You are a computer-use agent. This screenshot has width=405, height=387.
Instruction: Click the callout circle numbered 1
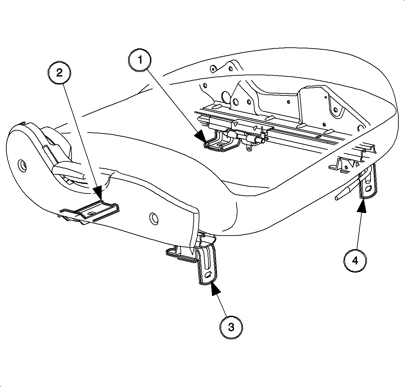(140, 60)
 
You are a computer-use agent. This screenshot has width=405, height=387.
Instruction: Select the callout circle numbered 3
(231, 327)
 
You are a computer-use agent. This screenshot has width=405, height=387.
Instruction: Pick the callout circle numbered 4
(355, 261)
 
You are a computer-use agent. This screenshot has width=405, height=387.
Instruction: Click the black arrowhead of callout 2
(97, 193)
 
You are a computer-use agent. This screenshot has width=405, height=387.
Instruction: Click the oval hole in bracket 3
(208, 274)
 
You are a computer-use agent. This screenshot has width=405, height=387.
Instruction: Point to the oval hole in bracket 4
(368, 189)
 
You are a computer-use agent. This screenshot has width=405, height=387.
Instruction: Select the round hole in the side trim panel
(154, 218)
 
